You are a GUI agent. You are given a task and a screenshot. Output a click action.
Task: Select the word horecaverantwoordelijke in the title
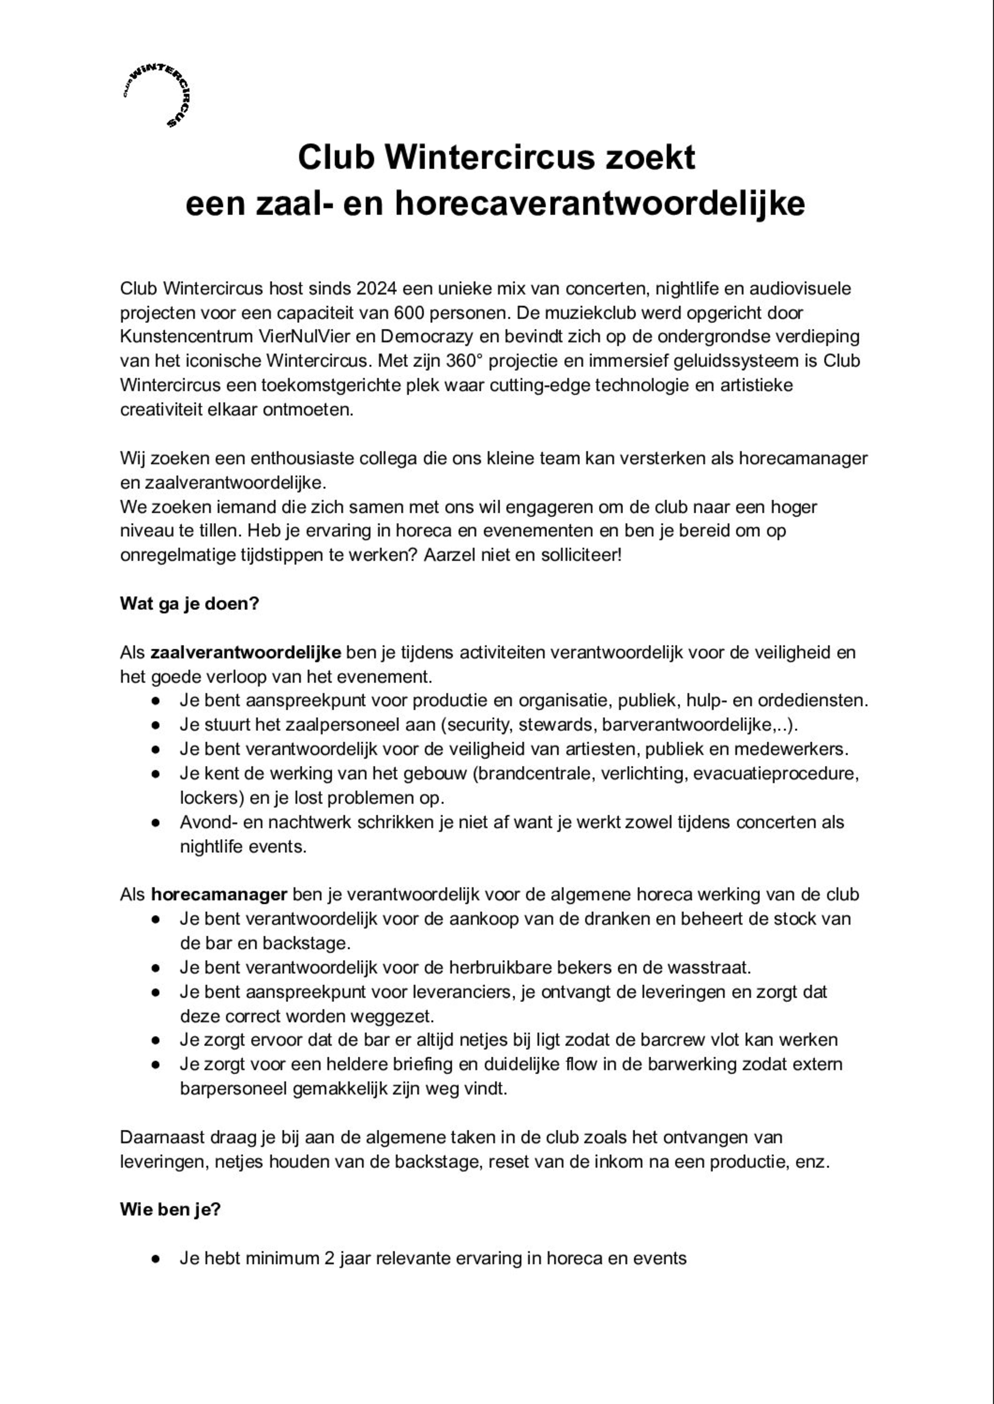(599, 204)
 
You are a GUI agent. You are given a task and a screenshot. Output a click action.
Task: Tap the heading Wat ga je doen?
(189, 603)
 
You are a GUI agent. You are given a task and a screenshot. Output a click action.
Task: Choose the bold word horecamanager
(219, 895)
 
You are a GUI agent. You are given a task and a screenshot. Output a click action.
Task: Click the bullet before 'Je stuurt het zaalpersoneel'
(156, 725)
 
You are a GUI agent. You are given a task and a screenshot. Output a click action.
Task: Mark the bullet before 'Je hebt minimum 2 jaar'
(156, 1258)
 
